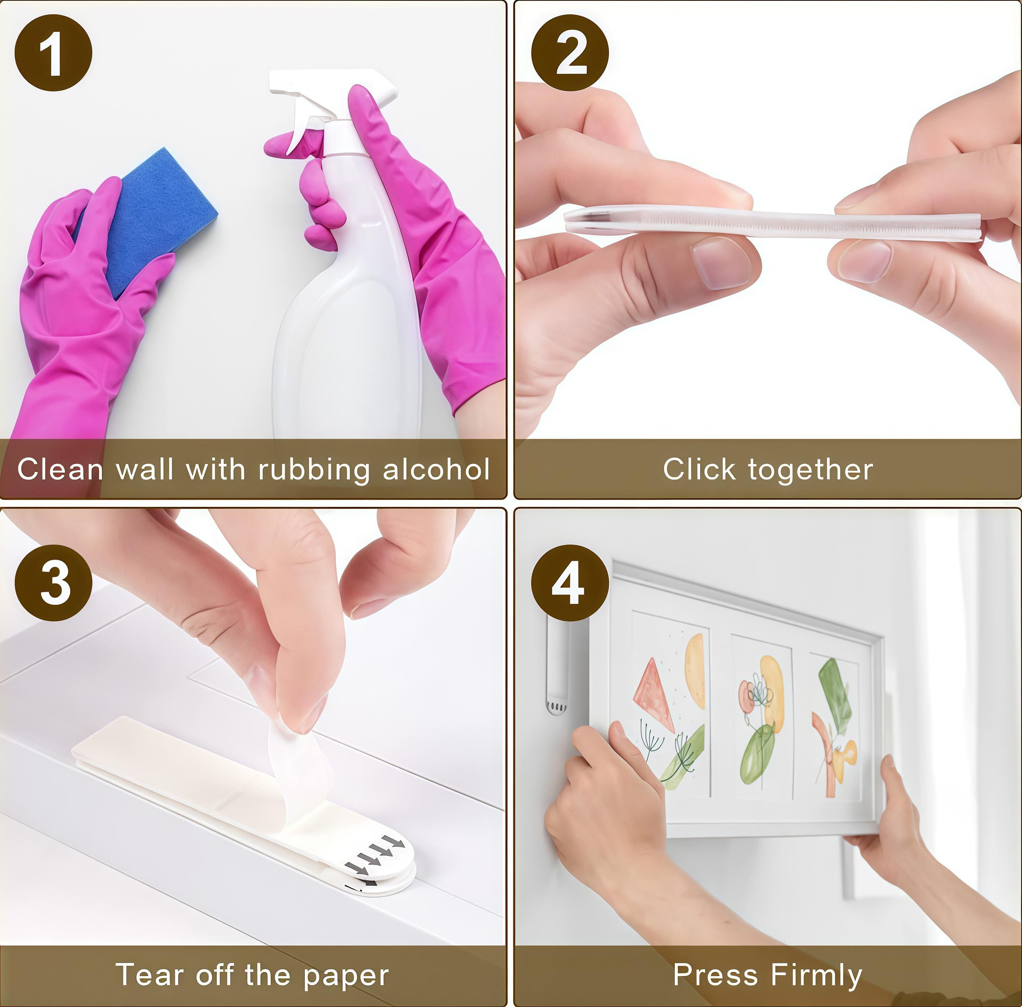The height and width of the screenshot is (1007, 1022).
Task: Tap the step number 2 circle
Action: point(570,53)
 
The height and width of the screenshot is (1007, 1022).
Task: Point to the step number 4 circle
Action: point(570,583)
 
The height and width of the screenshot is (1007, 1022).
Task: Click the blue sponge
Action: point(153,217)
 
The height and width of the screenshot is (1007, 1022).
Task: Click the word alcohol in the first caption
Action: point(436,469)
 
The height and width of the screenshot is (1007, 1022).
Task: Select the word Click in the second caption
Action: point(699,469)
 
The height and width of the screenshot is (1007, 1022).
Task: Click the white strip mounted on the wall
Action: point(557,669)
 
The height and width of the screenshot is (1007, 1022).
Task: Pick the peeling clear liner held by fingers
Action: point(296,762)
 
